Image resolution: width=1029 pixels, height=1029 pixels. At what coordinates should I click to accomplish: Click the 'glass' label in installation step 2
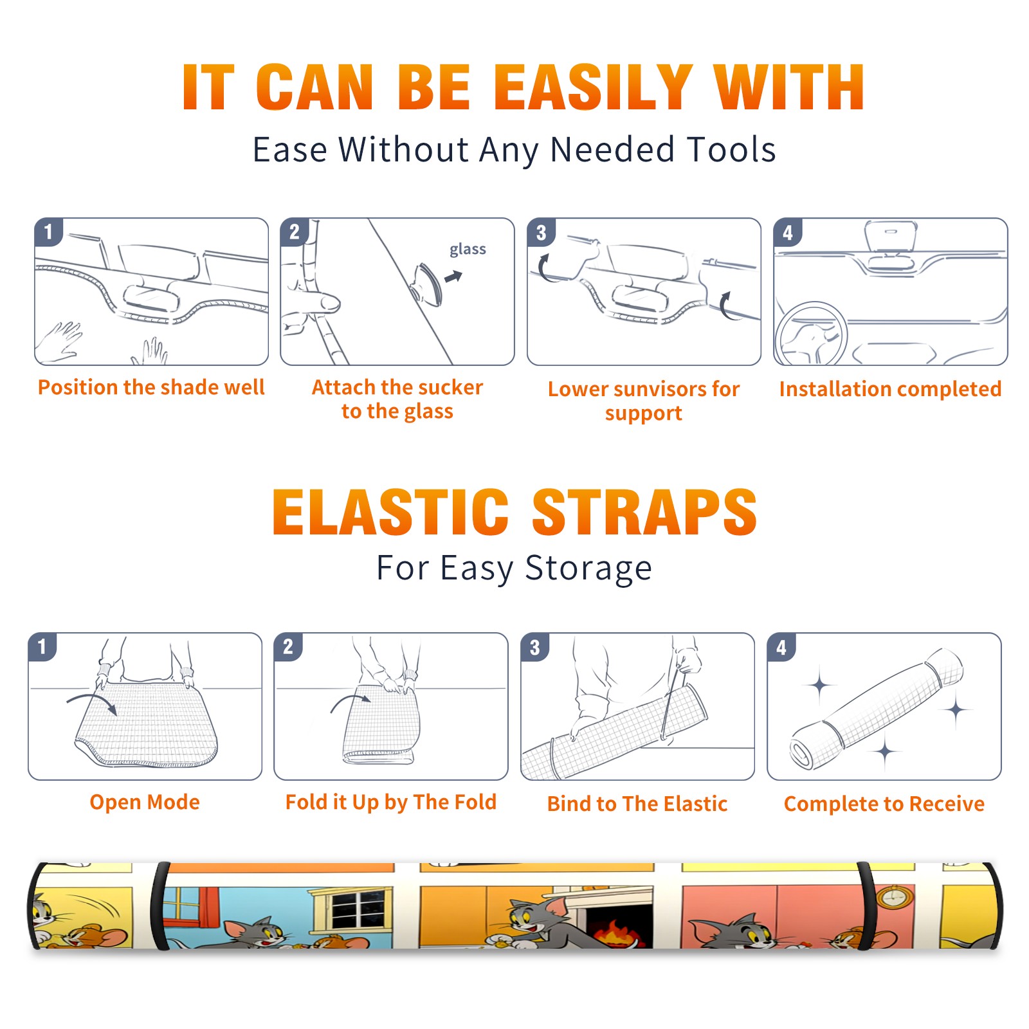(x=468, y=249)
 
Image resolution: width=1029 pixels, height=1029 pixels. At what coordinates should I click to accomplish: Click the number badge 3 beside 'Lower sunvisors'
(x=541, y=232)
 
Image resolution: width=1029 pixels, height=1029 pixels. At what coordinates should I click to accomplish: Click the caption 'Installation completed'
(x=890, y=388)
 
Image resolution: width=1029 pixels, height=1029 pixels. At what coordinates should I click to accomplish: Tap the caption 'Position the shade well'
(x=151, y=387)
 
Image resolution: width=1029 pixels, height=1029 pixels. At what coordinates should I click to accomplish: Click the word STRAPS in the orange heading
(x=645, y=512)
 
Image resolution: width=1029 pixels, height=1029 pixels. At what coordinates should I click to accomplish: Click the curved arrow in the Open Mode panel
(x=92, y=702)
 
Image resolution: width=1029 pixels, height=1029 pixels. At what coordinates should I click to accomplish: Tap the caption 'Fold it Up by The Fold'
(x=391, y=802)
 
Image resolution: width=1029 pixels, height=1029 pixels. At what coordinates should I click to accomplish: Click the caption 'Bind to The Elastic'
(x=637, y=804)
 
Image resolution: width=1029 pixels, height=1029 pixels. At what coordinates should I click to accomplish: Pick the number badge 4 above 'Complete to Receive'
(x=781, y=647)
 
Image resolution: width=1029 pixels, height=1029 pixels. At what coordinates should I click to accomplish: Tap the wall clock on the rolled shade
(x=893, y=897)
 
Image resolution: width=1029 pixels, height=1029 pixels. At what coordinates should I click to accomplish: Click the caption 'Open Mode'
(x=145, y=802)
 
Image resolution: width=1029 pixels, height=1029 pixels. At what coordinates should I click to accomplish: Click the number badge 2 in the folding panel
(x=288, y=647)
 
